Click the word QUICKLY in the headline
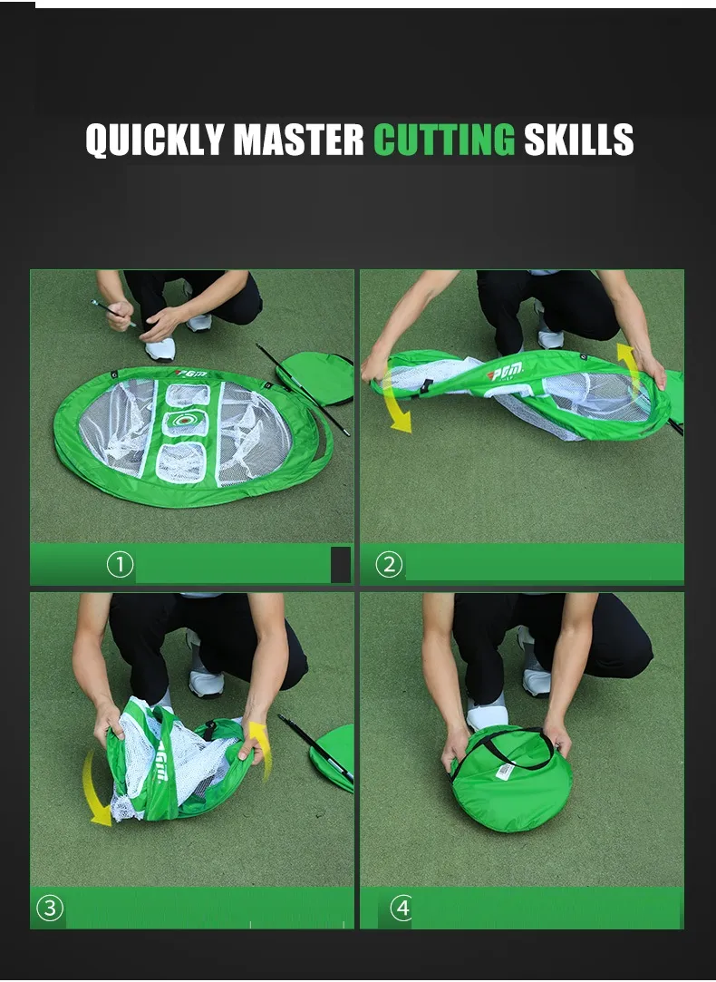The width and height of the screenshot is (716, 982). pos(155,139)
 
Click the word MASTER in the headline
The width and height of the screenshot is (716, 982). pos(298,139)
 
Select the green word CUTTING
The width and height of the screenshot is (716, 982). pos(444,139)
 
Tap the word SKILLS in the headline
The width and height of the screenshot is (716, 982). pos(579,139)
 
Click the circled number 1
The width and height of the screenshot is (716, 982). pos(121,565)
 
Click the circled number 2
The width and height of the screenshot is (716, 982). pos(389,565)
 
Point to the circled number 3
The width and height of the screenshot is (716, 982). pos(50,908)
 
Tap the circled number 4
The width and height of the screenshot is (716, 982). pos(402,908)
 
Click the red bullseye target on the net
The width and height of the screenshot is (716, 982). pos(182,421)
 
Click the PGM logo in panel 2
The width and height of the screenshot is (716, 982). pos(506,372)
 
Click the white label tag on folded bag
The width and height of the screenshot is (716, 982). pos(505,771)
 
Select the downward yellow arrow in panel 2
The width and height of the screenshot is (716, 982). pos(396,401)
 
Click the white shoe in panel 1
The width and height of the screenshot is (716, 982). pos(160,349)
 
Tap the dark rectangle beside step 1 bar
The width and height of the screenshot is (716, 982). pos(341,565)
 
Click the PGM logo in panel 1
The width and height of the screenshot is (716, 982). pos(191,374)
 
